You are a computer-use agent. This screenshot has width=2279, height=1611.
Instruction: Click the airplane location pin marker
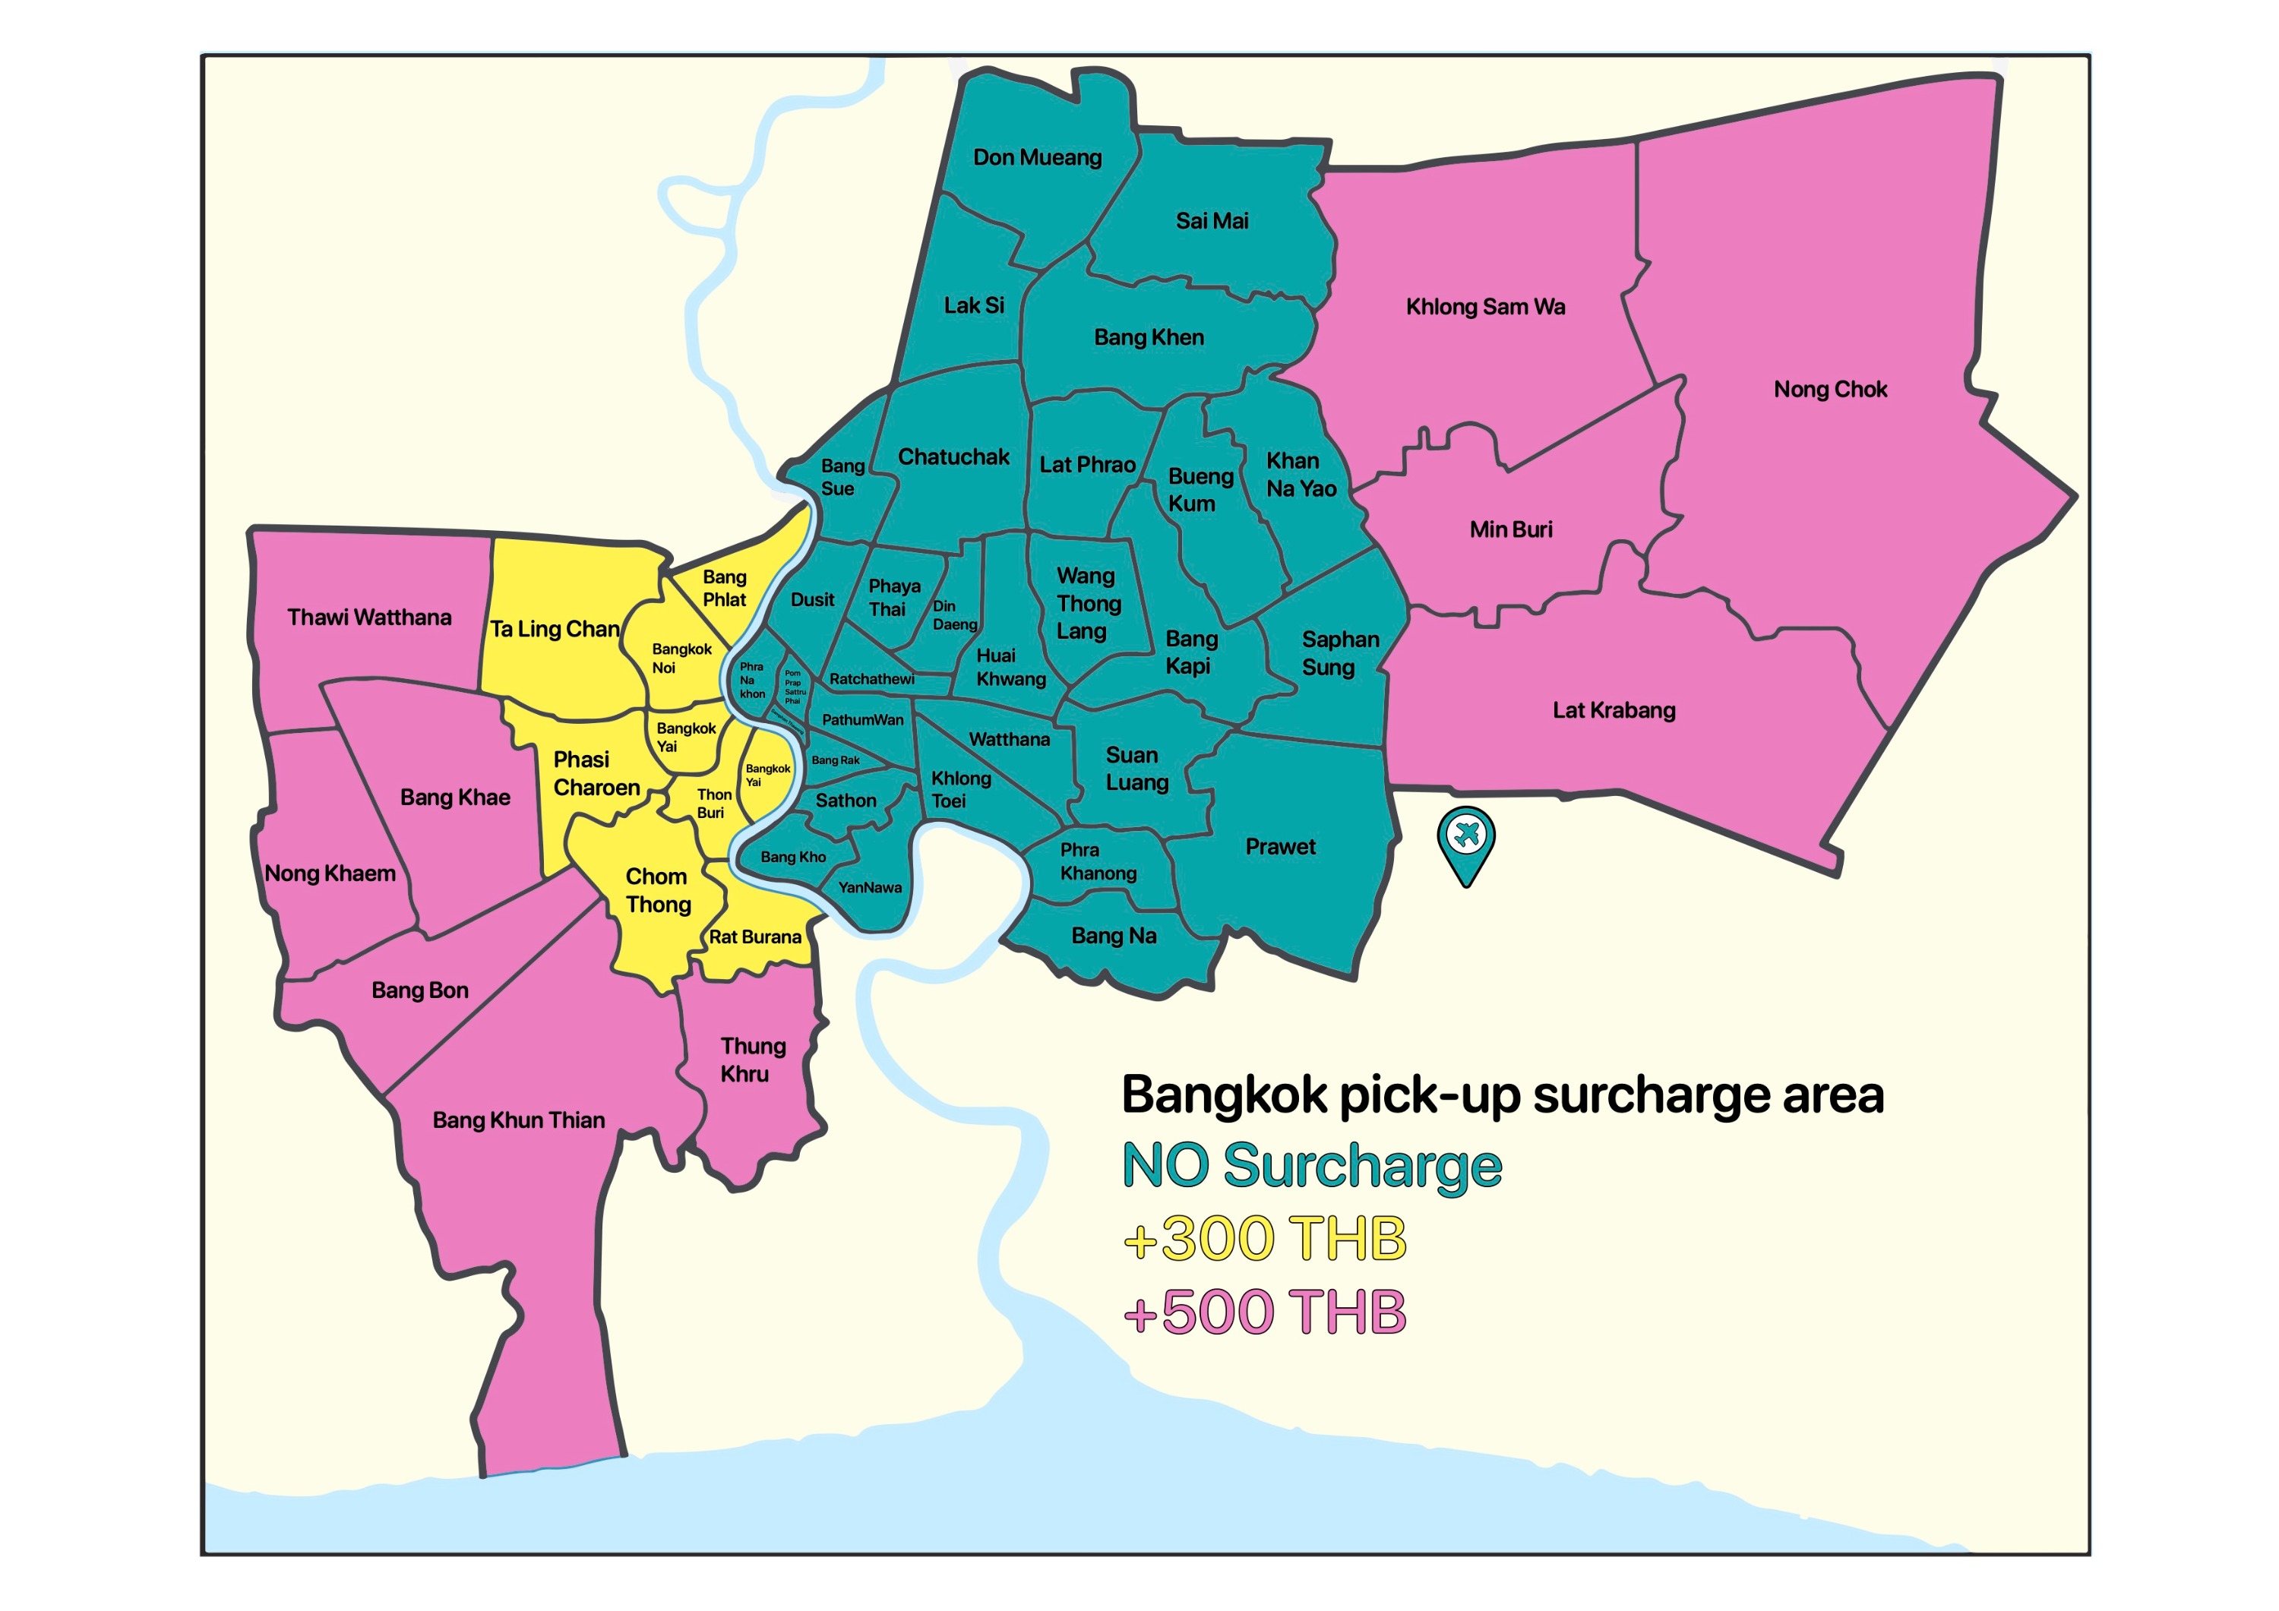pos(1466,839)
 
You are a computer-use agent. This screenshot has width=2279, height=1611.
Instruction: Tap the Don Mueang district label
pos(1037,158)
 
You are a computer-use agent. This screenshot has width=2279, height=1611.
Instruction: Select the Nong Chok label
pos(1830,389)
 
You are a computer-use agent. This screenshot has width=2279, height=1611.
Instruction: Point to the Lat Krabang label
pos(1614,711)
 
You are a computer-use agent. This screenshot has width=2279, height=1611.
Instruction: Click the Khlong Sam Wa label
pos(1485,308)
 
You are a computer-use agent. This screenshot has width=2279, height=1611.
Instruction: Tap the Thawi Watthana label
pos(369,618)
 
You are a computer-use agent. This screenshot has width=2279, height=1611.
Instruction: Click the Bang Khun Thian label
pos(518,1120)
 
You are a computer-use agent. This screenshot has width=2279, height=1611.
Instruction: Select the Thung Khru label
pos(751,1060)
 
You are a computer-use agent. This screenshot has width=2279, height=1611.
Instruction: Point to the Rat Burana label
pos(754,937)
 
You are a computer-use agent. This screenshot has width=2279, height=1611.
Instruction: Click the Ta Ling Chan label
pos(555,630)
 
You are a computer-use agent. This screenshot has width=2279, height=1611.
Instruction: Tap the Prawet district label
pos(1281,847)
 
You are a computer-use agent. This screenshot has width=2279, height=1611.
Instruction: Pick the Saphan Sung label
pos(1339,653)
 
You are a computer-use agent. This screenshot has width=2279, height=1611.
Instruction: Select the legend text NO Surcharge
pos(1311,1167)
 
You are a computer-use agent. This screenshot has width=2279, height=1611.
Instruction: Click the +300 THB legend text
pos(1265,1239)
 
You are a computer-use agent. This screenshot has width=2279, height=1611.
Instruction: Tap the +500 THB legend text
pos(1265,1312)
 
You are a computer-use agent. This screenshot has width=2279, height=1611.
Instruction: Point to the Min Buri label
pos(1511,530)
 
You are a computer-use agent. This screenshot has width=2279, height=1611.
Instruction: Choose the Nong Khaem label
pos(330,874)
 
